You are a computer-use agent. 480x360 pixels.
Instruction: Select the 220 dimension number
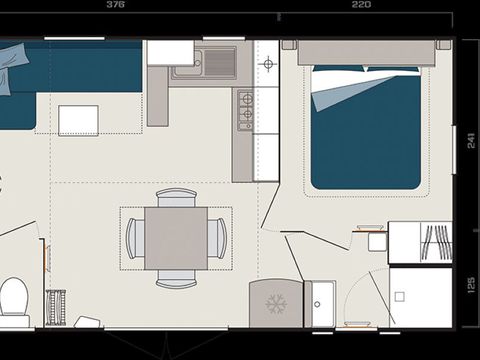tap(361, 5)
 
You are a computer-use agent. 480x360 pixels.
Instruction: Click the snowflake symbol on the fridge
tap(275, 303)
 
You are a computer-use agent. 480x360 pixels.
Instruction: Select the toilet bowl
tap(13, 298)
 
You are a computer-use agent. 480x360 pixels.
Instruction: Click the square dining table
tap(176, 238)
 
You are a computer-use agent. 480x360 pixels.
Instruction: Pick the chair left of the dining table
tap(135, 238)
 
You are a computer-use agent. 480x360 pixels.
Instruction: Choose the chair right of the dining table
tap(217, 238)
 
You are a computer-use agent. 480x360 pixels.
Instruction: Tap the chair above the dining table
tap(176, 197)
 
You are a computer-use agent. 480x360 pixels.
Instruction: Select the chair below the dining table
tap(176, 279)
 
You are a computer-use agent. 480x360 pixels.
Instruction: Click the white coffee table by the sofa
tap(78, 119)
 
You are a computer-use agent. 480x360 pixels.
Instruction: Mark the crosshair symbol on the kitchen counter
tap(267, 65)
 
